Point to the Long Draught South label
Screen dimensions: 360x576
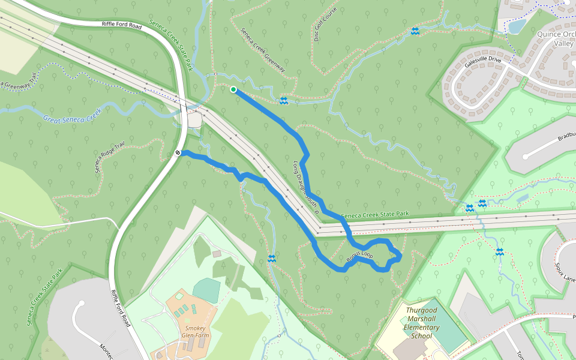pyautogui.click(x=305, y=187)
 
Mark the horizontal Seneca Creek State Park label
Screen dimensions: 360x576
pyautogui.click(x=374, y=214)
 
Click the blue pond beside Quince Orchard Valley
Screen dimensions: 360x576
pyautogui.click(x=517, y=26)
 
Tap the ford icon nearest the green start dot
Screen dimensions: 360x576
pyautogui.click(x=284, y=100)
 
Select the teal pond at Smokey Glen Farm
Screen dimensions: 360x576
pyautogui.click(x=206, y=290)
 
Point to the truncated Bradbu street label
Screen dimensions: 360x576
pyautogui.click(x=566, y=136)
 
